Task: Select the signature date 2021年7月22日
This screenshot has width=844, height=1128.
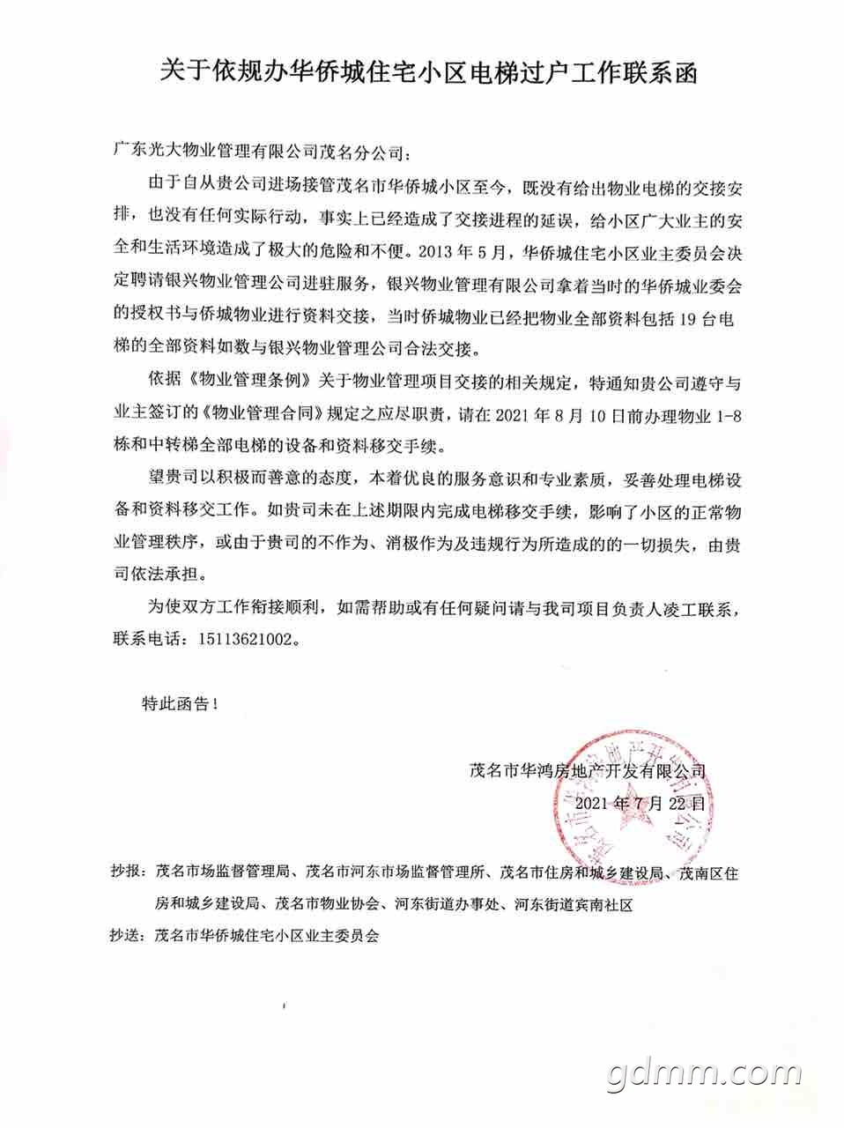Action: (x=640, y=804)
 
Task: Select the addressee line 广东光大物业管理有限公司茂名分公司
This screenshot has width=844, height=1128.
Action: (x=259, y=151)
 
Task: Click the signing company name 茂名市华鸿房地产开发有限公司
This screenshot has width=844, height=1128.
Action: (x=589, y=770)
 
